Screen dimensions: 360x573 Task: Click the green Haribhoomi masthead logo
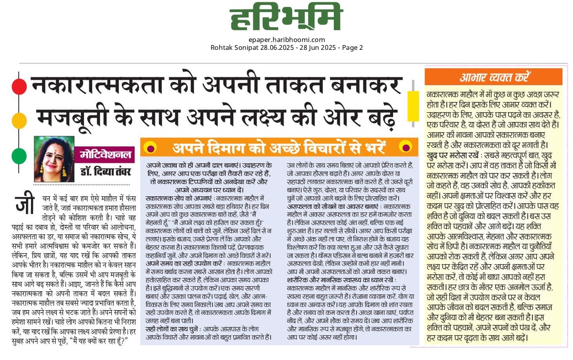286,17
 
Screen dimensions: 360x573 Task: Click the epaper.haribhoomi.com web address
287,39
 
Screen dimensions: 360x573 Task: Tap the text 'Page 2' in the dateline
352,48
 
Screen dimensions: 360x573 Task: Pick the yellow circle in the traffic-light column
19,121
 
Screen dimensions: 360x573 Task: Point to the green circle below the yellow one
19,156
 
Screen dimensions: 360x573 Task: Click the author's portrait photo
54,159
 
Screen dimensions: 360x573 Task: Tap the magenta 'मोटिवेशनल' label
105,154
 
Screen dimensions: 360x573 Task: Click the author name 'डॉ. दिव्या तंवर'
105,172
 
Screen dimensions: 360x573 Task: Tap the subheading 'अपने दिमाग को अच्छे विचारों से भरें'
279,147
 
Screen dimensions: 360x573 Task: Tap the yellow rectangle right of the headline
413,106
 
